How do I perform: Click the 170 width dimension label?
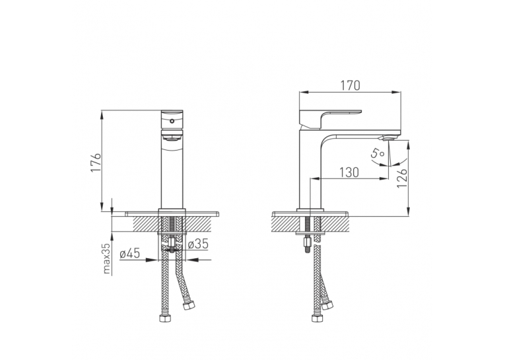tap(350, 85)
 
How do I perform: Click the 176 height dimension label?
tap(96, 162)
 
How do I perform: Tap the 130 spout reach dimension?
tap(349, 172)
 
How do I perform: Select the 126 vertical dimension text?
tap(402, 178)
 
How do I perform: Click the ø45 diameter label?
tap(130, 254)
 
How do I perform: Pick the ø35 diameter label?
tap(198, 244)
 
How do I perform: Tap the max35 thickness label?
tap(106, 258)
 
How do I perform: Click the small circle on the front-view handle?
tap(172, 121)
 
